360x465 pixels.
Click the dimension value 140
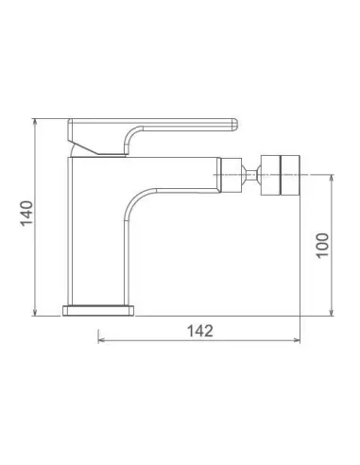[x=26, y=213]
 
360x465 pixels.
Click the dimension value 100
[x=322, y=246]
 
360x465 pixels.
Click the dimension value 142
[x=200, y=331]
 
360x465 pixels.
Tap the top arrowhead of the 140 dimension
[x=35, y=122]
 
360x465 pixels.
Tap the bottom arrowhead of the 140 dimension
[x=35, y=313]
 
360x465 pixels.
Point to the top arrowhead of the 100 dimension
[x=331, y=179]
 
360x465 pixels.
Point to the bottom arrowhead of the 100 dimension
[x=331, y=312]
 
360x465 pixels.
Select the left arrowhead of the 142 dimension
[x=102, y=340]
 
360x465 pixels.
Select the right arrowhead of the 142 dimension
[x=297, y=340]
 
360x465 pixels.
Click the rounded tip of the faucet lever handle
[x=234, y=124]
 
